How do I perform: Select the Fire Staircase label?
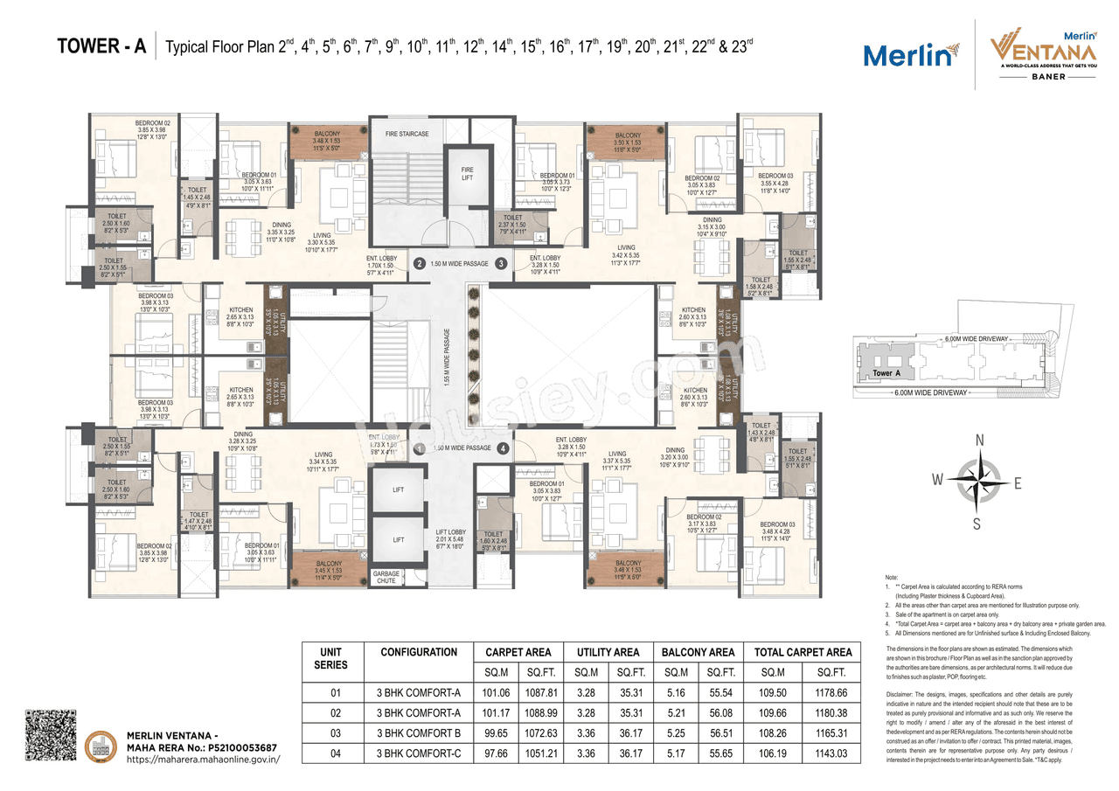(407, 134)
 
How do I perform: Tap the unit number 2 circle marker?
(419, 263)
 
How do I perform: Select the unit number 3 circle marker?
(501, 263)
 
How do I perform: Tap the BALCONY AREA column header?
(698, 652)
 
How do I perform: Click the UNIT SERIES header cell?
(330, 658)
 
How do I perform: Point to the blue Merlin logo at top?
(907, 56)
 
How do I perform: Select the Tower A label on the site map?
(883, 373)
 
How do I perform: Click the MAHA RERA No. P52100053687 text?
(202, 747)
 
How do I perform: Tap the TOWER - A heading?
(101, 46)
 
